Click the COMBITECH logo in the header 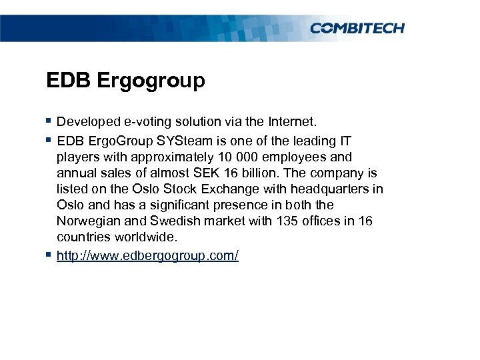tap(357, 28)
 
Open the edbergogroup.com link tap(147, 256)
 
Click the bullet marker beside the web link tap(49, 255)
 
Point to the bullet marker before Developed tap(49, 121)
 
